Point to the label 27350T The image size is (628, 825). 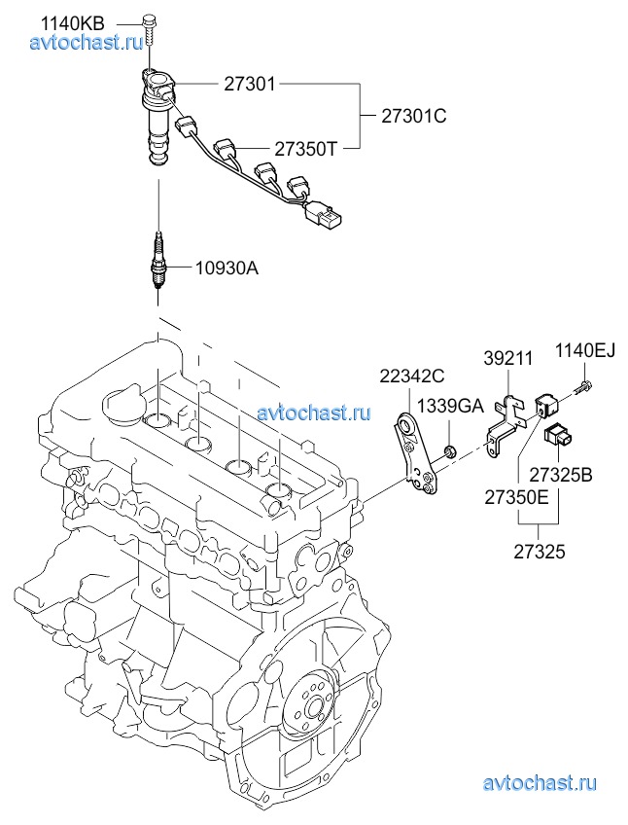305,148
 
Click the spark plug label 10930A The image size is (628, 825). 226,268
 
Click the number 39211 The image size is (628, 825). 507,359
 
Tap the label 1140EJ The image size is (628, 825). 585,350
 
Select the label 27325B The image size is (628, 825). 560,476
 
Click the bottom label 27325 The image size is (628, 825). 540,551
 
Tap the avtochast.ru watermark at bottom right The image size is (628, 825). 539,781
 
